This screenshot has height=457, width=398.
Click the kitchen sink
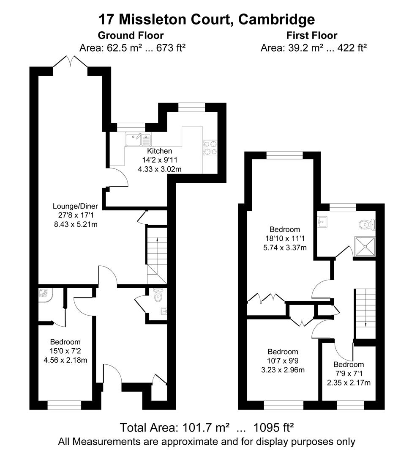click(x=138, y=137)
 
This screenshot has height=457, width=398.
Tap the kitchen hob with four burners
click(x=210, y=148)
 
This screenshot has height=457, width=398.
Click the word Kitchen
click(x=159, y=151)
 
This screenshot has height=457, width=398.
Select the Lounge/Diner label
click(x=75, y=206)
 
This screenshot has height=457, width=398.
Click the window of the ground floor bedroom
click(x=64, y=406)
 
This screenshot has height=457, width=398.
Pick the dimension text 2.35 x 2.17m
click(x=349, y=383)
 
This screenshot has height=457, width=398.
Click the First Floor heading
click(x=313, y=36)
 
